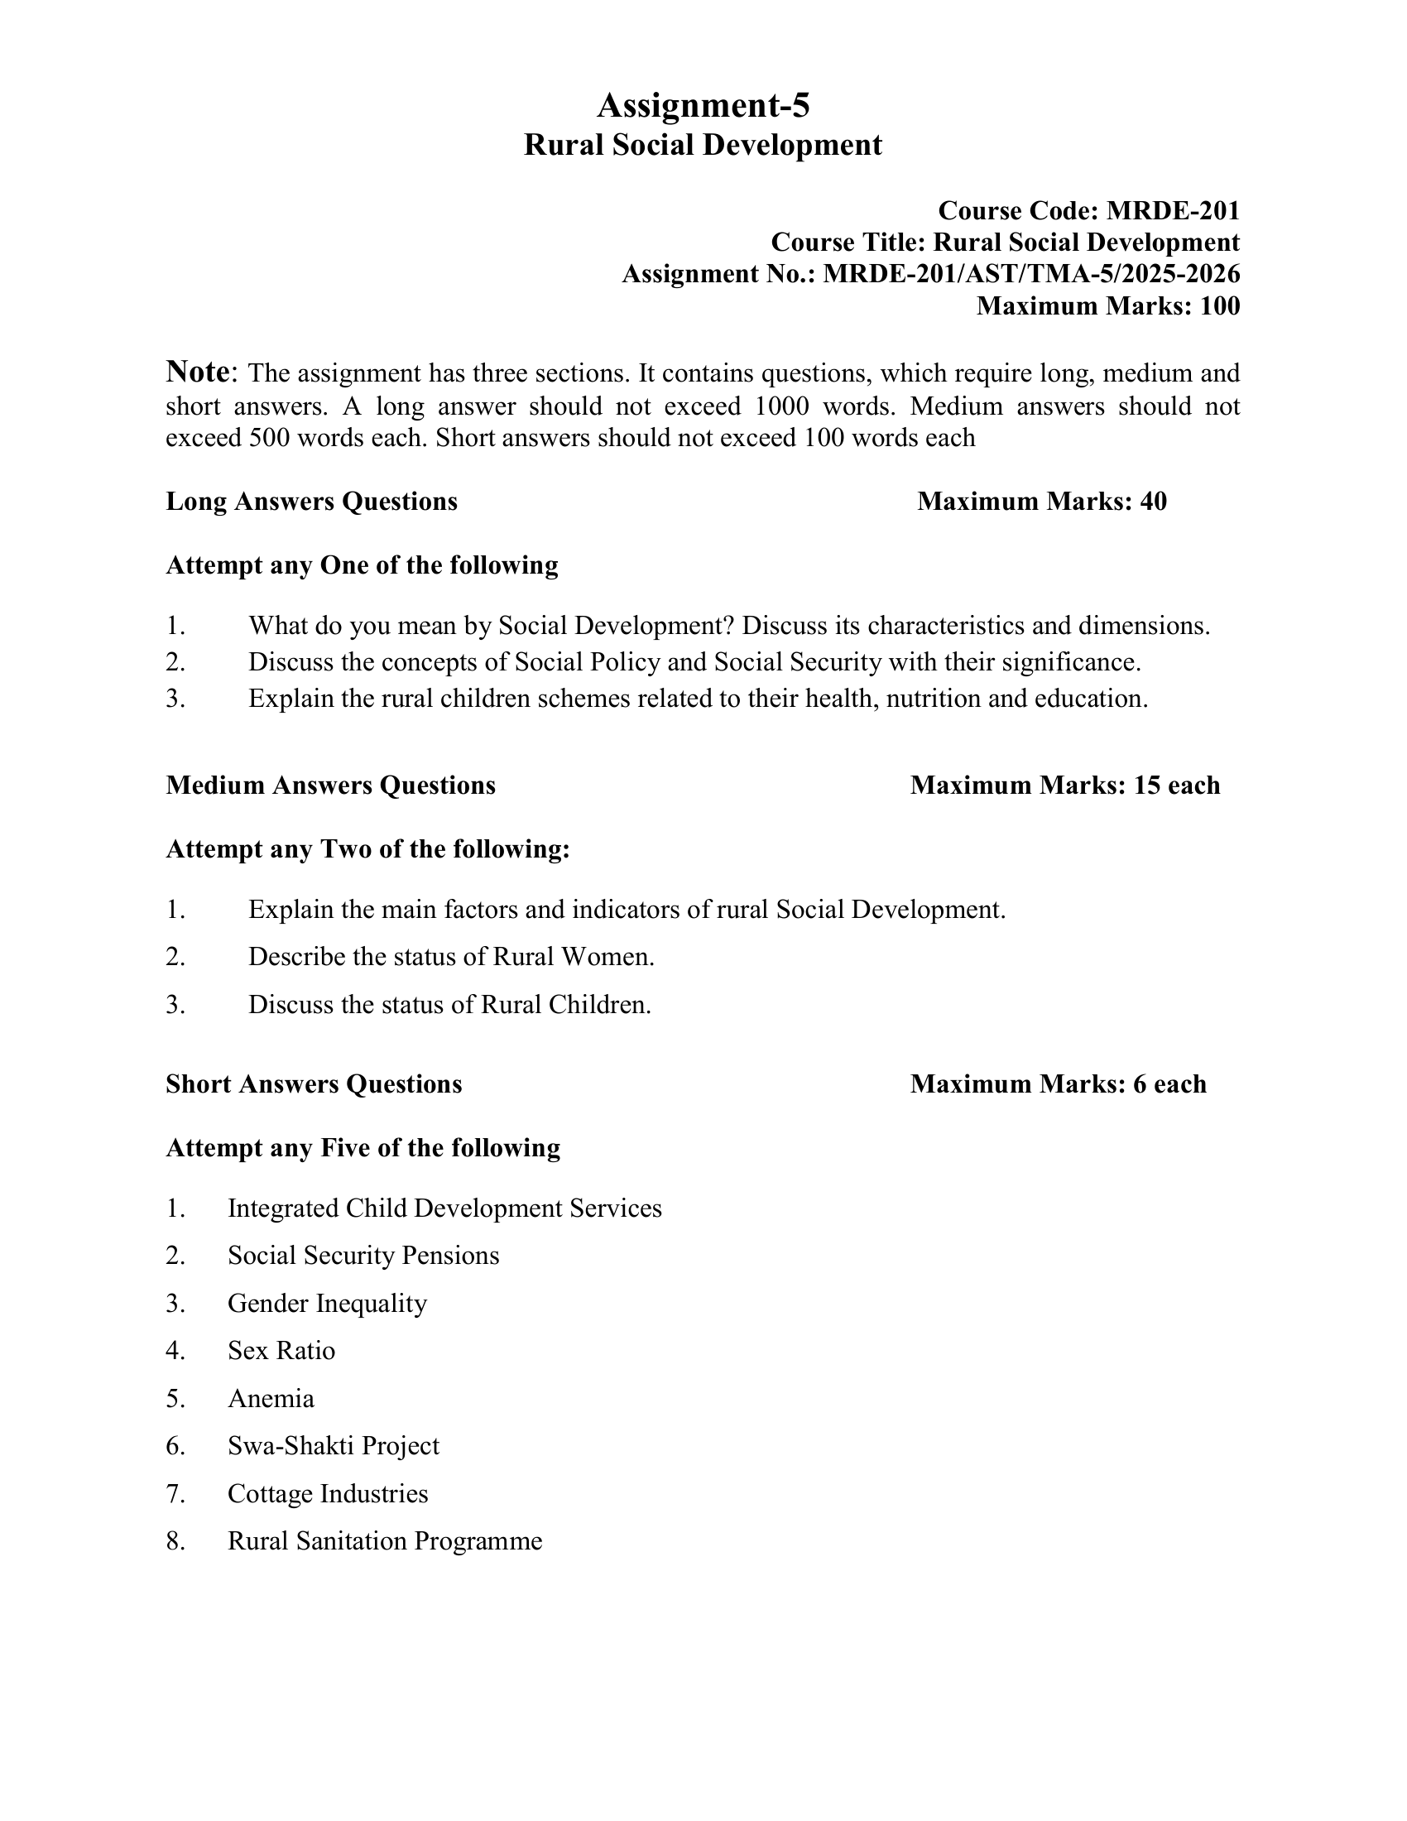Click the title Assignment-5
pos(703,106)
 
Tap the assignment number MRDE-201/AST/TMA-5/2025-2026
pos(1031,273)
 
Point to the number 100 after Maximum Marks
pos(1219,306)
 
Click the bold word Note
pos(198,370)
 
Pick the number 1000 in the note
pos(781,406)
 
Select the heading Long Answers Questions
pos(312,501)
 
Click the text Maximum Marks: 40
pos(1041,501)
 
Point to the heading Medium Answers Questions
pos(330,785)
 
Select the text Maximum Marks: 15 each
pos(1064,785)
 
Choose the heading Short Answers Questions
pos(314,1084)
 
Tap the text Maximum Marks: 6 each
pos(1058,1084)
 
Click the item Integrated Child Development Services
pos(444,1208)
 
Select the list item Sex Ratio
pos(281,1350)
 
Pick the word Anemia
pos(271,1398)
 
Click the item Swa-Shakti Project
pos(333,1445)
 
